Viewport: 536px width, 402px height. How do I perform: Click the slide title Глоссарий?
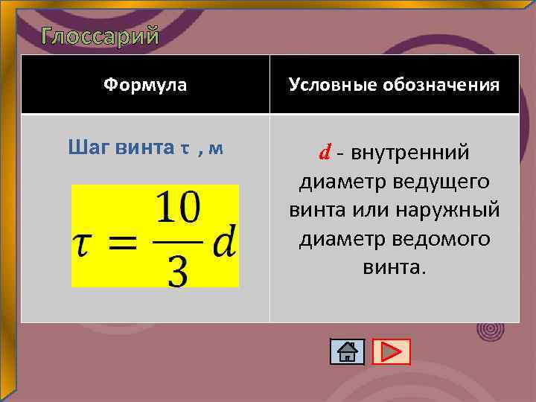(100, 36)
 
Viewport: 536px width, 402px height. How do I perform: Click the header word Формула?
(145, 85)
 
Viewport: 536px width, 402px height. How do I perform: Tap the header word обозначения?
(441, 85)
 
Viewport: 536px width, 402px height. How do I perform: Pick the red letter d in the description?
(325, 153)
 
